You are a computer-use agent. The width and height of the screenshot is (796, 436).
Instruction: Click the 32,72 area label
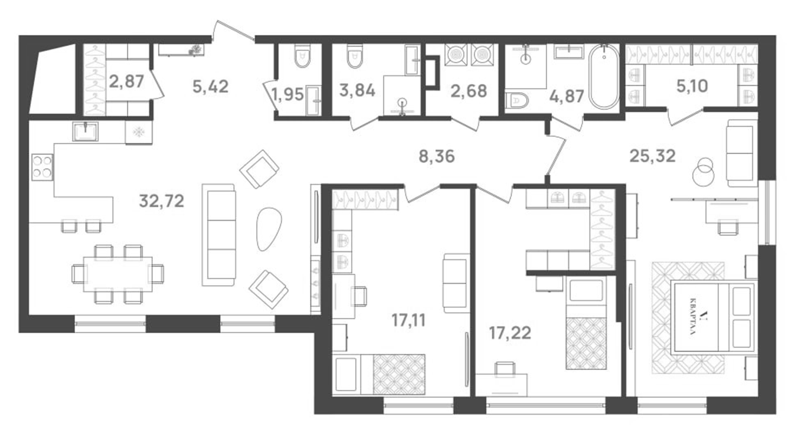(162, 201)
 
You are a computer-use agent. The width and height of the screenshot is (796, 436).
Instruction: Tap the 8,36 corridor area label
(436, 156)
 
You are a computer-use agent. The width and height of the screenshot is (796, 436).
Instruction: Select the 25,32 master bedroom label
(652, 156)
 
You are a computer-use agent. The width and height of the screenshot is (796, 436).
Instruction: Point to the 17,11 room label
(408, 320)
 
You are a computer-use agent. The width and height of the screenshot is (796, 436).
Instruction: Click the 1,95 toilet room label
(288, 94)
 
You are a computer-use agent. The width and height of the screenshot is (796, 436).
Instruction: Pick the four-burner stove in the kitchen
(42, 167)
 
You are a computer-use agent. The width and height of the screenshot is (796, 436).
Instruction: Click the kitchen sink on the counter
(86, 131)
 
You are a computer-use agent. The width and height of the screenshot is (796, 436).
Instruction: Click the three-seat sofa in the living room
(219, 235)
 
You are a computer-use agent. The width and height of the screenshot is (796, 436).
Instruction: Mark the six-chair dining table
(118, 274)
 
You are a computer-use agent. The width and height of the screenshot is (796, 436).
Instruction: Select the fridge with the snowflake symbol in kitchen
(139, 132)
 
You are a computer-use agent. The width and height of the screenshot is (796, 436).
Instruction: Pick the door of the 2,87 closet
(157, 84)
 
